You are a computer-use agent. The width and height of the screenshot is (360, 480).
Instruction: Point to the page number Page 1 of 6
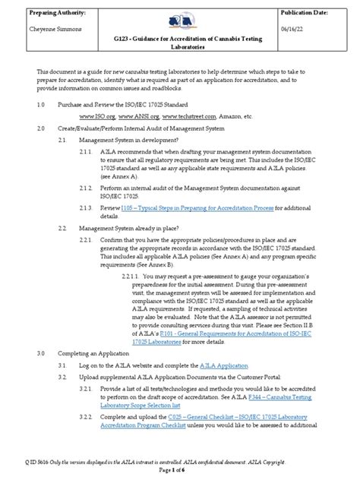180,472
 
